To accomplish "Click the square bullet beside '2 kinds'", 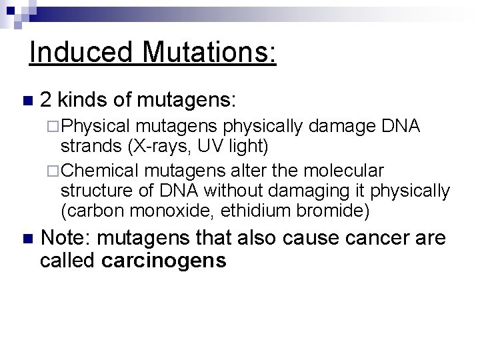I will click(27, 102).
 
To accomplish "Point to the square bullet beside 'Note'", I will click(27, 239).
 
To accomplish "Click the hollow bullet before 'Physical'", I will click(55, 127).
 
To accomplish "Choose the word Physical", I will click(98, 127).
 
